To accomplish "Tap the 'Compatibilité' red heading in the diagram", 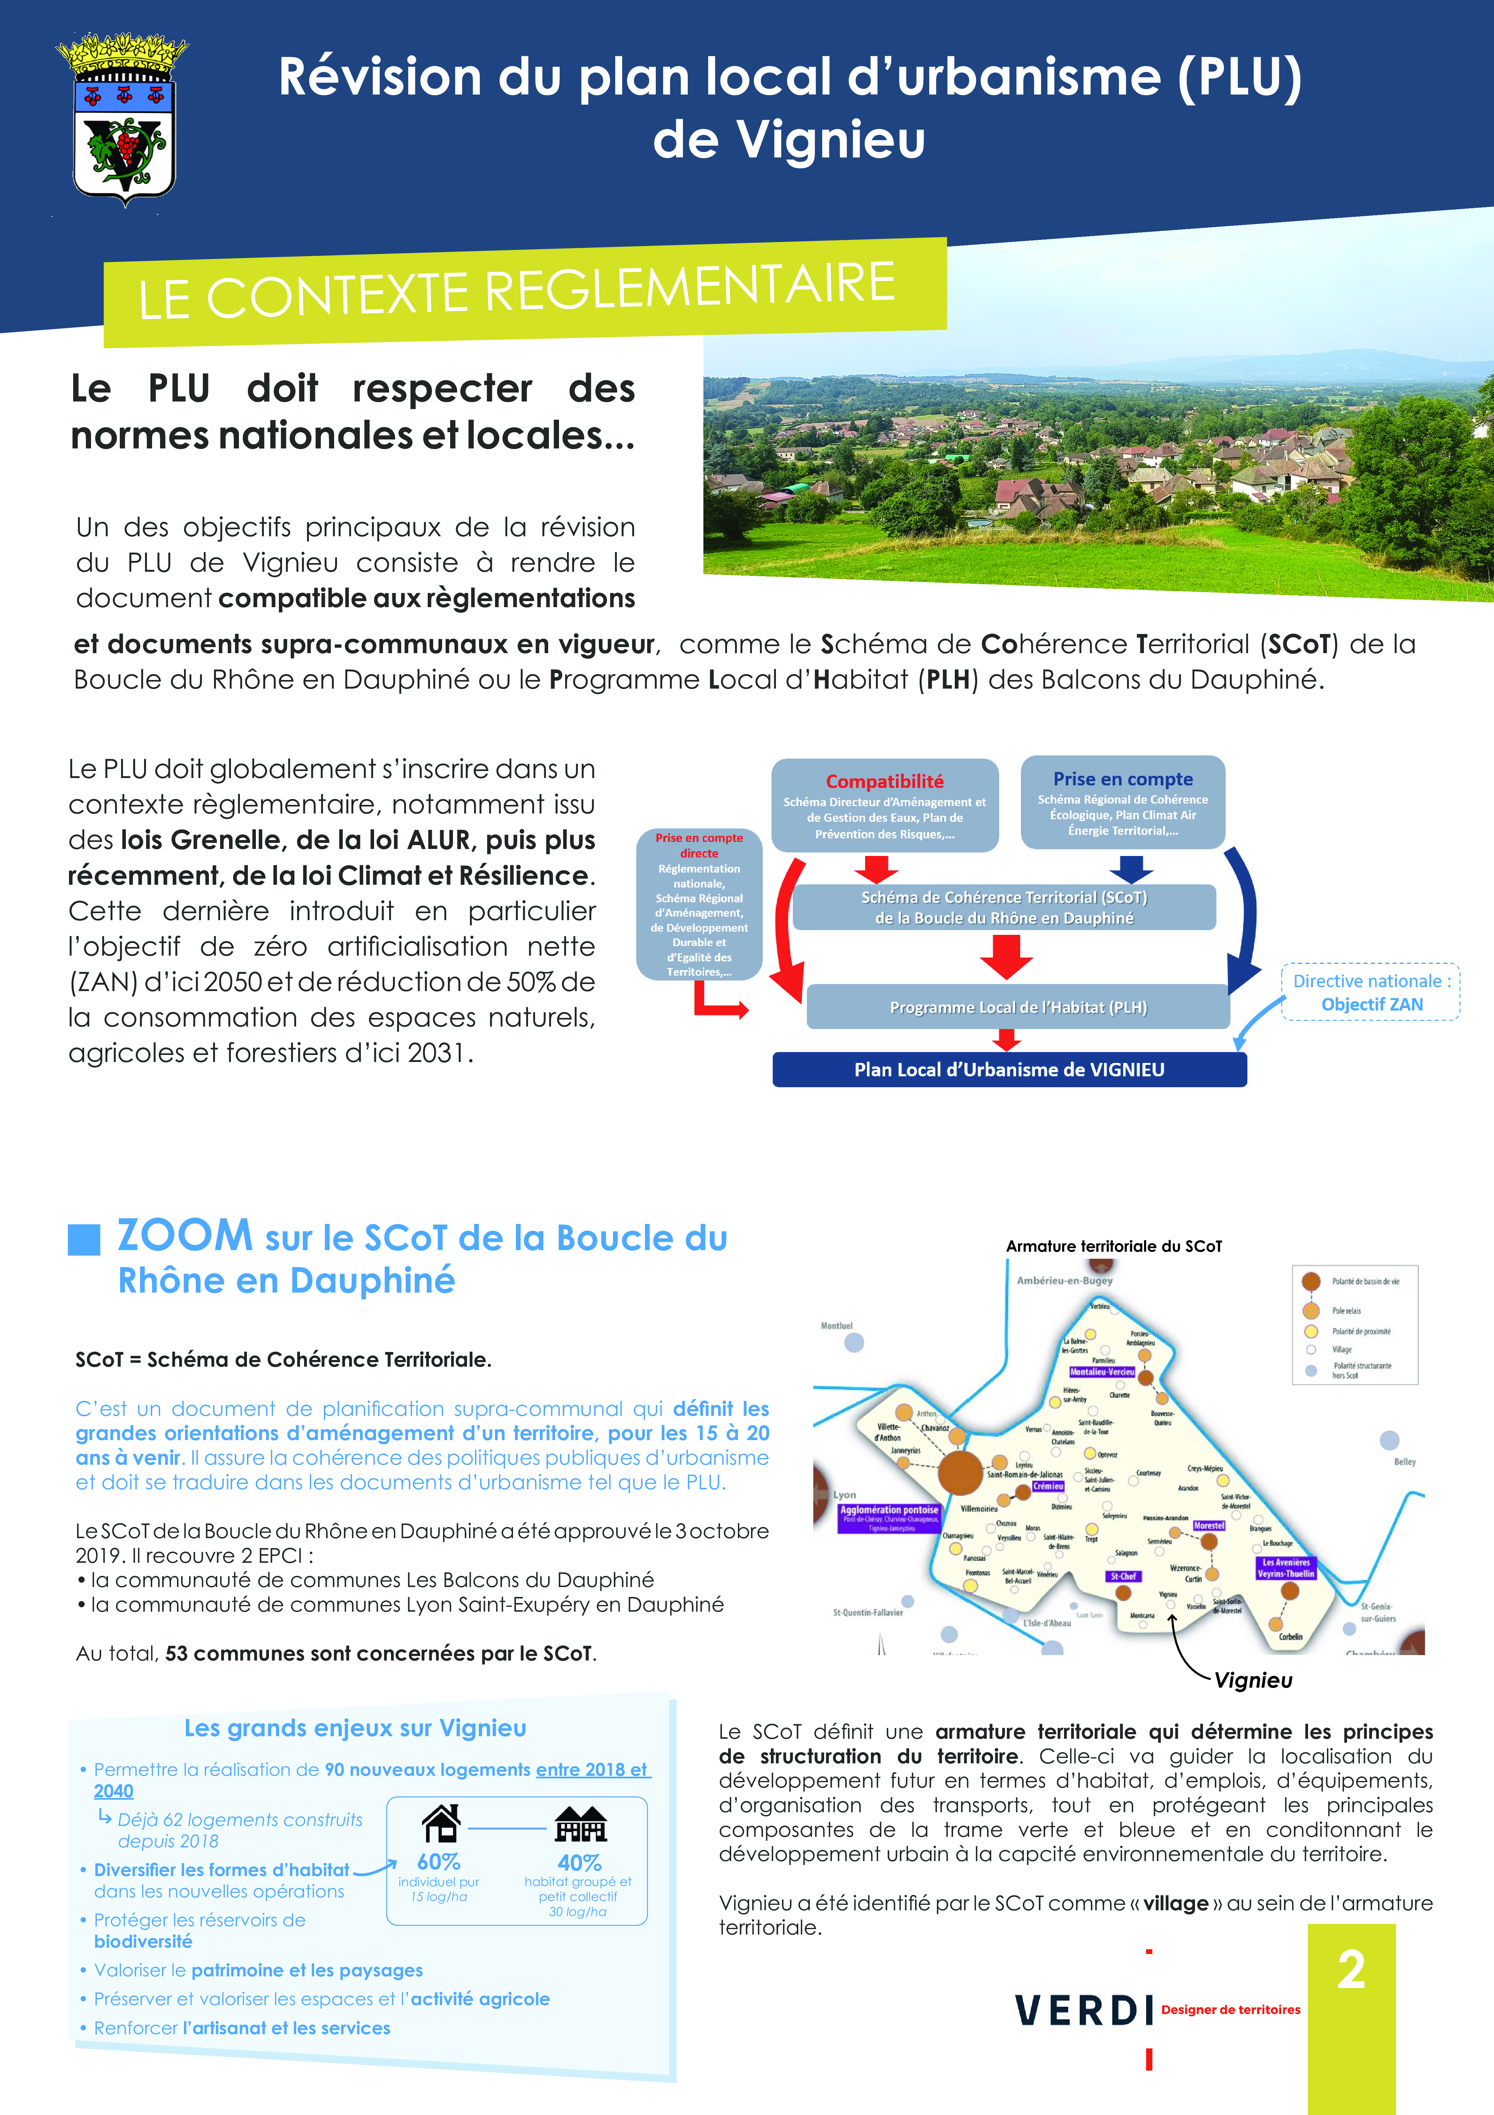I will [x=884, y=781].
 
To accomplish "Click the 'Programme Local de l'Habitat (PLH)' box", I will [x=1018, y=1007].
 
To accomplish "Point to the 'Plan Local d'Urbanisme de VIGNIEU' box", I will [x=1009, y=1069].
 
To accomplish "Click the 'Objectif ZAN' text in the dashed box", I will [x=1371, y=1004].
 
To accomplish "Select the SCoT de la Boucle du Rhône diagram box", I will [x=1004, y=907].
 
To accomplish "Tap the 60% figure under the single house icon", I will [x=439, y=1862].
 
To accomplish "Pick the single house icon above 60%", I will [x=440, y=1822].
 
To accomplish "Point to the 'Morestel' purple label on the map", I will [x=1208, y=1525].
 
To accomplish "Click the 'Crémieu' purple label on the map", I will [x=1048, y=1486].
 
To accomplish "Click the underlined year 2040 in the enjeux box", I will [x=113, y=1791].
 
